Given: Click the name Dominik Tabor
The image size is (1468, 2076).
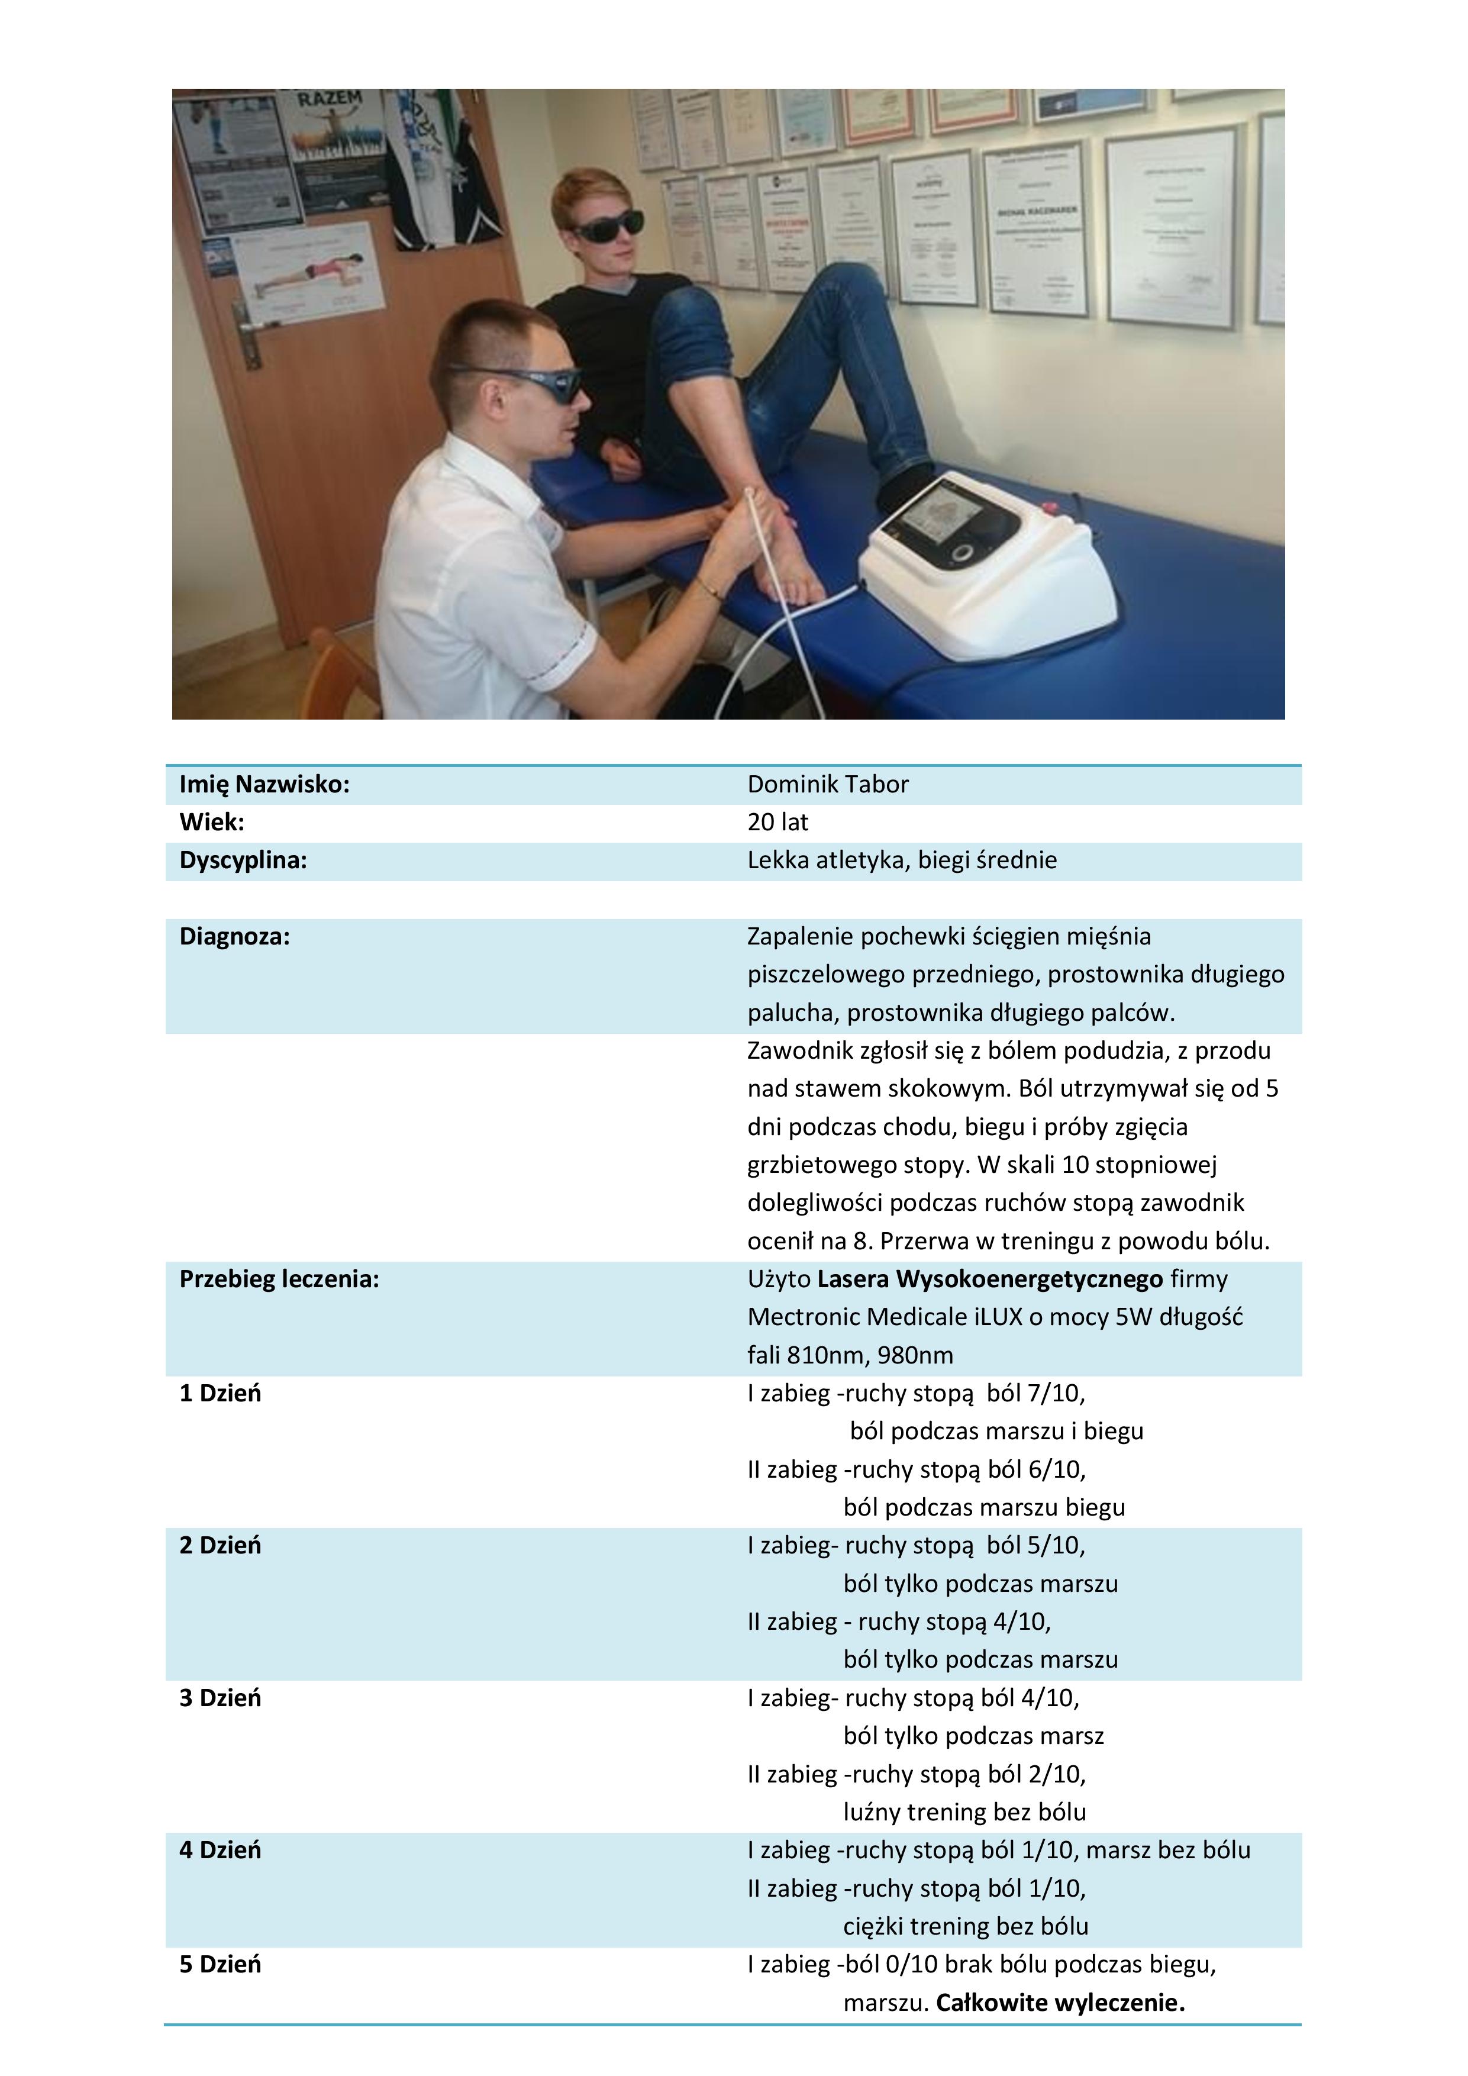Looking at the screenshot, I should (827, 784).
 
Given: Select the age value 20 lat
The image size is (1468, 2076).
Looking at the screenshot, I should (777, 822).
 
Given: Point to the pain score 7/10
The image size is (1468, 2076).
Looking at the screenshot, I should (1055, 1392).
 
